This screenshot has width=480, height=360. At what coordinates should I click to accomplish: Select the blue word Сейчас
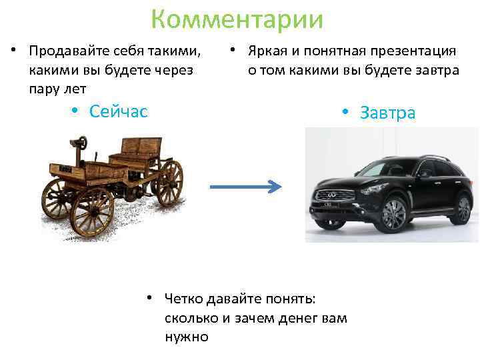(x=118, y=111)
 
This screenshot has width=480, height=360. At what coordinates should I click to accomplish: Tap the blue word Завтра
(x=387, y=113)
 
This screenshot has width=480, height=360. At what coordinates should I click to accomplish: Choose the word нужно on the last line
(x=187, y=337)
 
